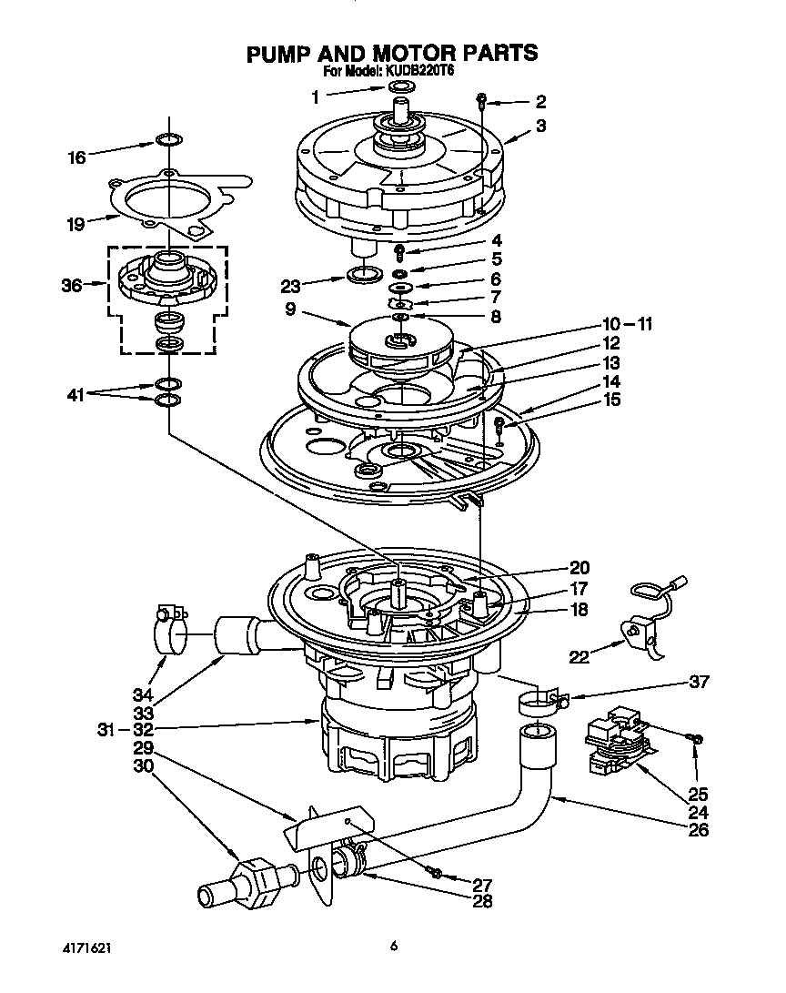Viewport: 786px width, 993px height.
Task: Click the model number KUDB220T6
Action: [x=428, y=71]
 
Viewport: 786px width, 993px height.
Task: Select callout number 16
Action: [x=77, y=157]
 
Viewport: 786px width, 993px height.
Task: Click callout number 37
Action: [x=700, y=682]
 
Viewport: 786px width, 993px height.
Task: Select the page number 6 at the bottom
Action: [x=393, y=947]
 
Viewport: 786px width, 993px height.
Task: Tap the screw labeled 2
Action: [x=483, y=101]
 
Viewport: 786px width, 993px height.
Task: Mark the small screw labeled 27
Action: [x=436, y=873]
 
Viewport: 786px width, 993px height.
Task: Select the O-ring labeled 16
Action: [x=167, y=140]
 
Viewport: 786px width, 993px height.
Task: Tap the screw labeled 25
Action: [x=696, y=739]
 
